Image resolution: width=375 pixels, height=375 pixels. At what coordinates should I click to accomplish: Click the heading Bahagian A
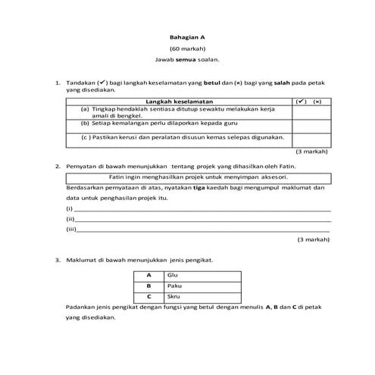click(186, 36)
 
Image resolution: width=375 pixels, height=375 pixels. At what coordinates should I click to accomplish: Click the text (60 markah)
click(186, 48)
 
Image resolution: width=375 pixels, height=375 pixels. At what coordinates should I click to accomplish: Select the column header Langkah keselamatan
click(183, 101)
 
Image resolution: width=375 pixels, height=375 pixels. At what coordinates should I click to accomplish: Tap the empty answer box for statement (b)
click(311, 123)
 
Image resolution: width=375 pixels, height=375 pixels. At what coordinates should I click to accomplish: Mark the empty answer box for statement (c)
click(311, 138)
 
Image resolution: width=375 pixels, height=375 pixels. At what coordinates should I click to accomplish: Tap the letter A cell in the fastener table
click(149, 274)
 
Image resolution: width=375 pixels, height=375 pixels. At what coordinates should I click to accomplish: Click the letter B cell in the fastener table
click(149, 285)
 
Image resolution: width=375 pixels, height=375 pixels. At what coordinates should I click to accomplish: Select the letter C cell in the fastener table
click(149, 296)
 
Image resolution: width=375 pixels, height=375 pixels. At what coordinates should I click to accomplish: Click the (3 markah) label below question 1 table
click(311, 151)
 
